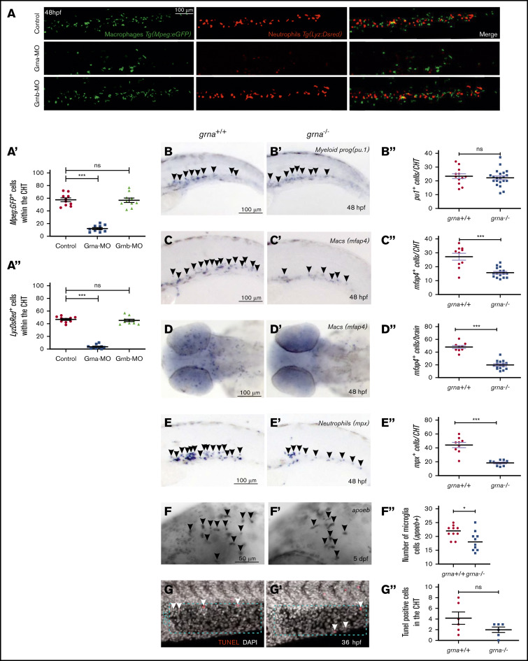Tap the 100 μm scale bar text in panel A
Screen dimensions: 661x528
(183, 10)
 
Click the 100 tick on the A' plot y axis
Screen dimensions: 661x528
(46, 172)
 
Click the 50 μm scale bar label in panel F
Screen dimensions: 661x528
(221, 560)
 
